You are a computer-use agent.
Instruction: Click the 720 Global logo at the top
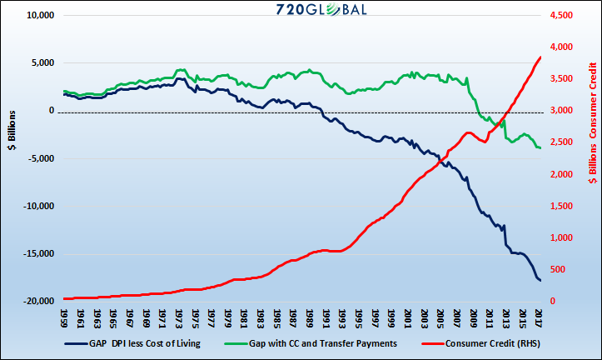point(301,10)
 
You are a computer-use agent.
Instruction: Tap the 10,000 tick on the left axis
point(37,16)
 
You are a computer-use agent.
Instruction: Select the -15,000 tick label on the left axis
point(35,253)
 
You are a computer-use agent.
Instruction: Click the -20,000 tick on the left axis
point(35,301)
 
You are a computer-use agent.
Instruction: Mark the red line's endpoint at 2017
point(540,57)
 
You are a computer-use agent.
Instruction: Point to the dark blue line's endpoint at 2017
point(540,281)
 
